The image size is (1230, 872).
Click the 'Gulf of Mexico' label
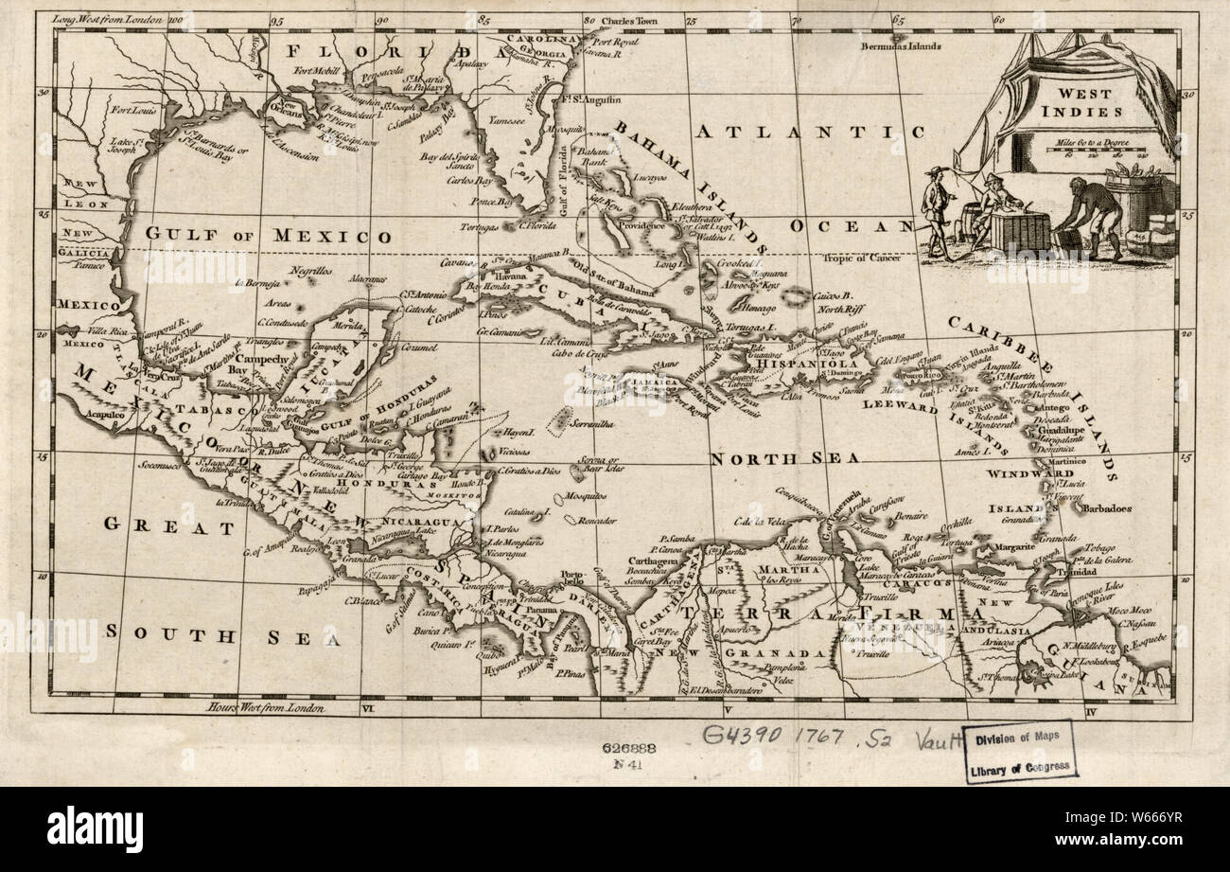268,236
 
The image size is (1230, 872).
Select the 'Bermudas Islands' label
901,45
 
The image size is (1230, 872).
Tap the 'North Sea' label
785,458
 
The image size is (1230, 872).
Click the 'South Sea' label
223,636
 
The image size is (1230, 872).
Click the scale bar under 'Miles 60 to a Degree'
1102,149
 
